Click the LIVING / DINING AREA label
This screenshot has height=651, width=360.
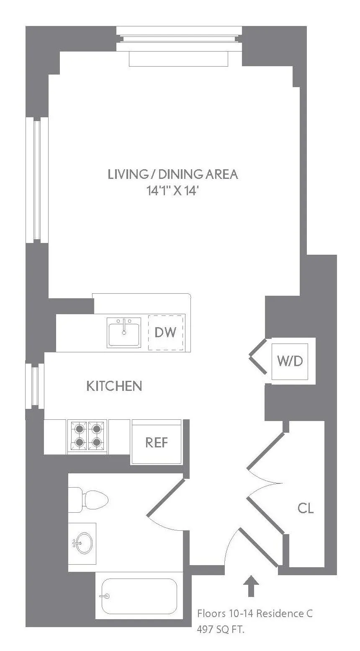click(172, 174)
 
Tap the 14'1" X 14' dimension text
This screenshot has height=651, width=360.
click(172, 191)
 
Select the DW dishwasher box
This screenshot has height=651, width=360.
click(166, 332)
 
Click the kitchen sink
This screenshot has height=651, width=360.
click(124, 333)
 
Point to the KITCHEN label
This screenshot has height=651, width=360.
click(114, 386)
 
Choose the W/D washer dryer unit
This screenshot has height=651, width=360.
click(290, 361)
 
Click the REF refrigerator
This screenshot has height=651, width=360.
click(157, 442)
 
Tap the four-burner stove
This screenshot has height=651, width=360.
click(87, 436)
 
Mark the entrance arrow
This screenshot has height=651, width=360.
click(251, 585)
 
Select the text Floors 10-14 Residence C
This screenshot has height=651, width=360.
click(255, 614)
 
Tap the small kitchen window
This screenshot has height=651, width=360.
click(35, 386)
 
